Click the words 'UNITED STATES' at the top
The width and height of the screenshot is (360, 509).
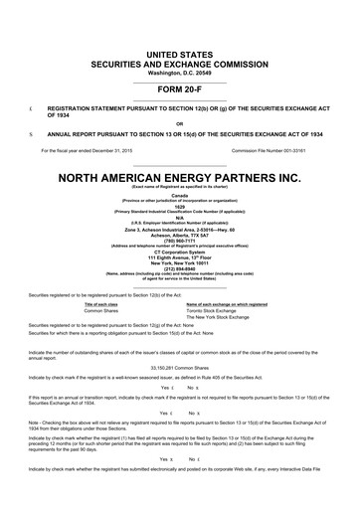coord(180,51)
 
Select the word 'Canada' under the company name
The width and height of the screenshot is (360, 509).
coord(180,196)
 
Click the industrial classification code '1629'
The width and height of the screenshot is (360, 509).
coord(180,209)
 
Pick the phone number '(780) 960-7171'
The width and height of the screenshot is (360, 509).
coord(180,239)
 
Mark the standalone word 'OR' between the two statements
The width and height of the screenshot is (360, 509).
coord(180,122)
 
